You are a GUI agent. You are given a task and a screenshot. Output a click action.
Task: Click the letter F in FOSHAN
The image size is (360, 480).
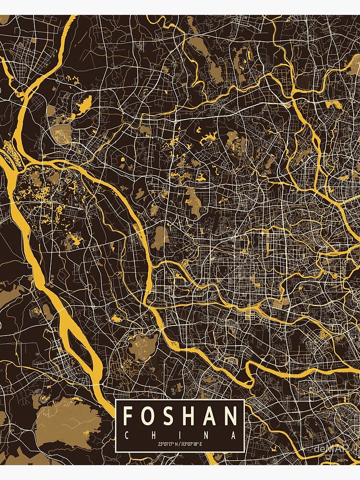pyautogui.click(x=129, y=416)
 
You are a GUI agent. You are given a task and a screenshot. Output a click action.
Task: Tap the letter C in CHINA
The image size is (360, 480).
pyautogui.click(x=126, y=435)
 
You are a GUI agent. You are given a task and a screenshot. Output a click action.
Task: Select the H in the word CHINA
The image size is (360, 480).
pyautogui.click(x=153, y=435)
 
